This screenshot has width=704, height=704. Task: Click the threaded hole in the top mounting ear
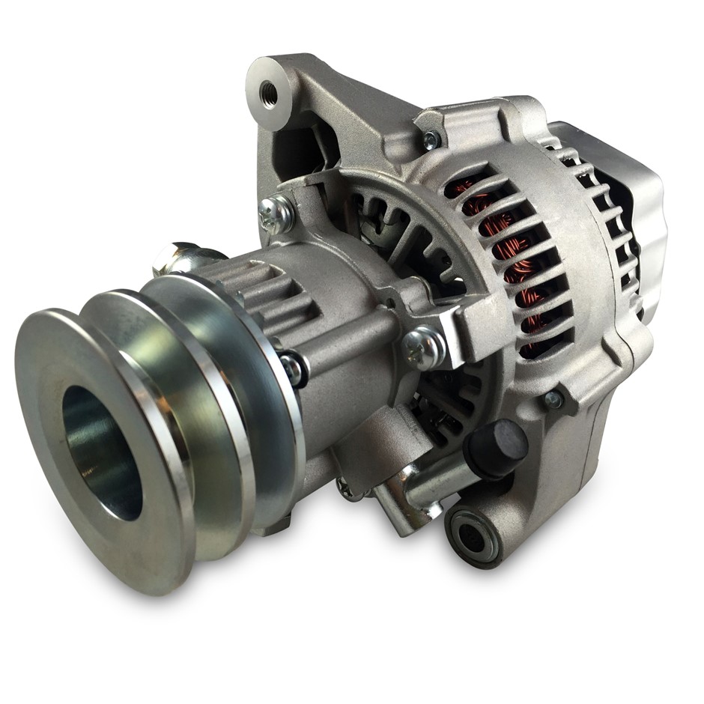click(x=268, y=94)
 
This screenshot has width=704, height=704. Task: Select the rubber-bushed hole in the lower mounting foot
click(x=470, y=536)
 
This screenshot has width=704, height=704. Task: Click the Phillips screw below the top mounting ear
click(x=276, y=213)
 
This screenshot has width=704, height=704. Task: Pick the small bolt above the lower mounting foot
click(x=553, y=399)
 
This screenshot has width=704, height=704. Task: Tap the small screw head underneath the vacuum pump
click(x=349, y=490)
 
